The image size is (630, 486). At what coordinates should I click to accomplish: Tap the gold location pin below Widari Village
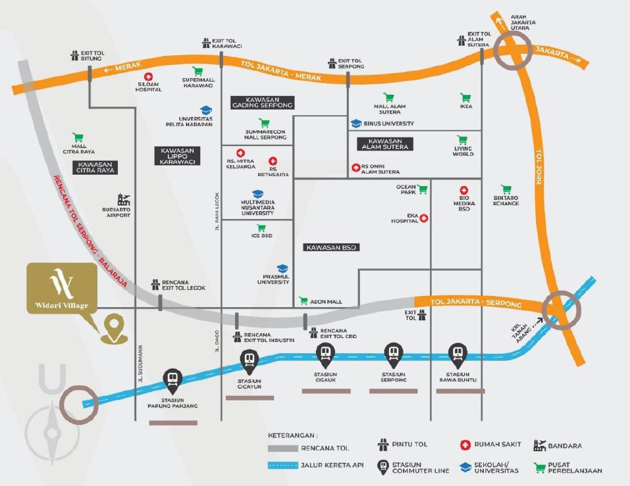click(114, 328)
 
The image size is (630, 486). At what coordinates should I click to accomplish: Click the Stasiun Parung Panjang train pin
click(172, 381)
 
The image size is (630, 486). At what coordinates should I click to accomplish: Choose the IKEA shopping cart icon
click(465, 97)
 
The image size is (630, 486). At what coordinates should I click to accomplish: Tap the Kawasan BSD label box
click(331, 247)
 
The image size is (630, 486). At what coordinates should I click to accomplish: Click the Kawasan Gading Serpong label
click(263, 103)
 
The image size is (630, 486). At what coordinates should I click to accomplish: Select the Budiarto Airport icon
click(123, 199)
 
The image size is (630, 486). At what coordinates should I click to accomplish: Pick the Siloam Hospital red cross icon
click(148, 77)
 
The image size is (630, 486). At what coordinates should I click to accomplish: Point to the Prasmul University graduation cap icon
click(282, 268)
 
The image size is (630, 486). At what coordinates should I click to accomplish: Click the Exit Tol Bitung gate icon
click(75, 55)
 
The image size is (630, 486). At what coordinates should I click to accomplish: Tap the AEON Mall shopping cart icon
click(303, 301)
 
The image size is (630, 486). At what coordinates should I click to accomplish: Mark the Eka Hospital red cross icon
click(424, 218)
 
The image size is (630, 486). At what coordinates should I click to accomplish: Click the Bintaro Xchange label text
click(506, 201)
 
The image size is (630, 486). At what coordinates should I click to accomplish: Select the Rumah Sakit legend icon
click(465, 445)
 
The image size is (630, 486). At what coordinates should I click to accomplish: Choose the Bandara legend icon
click(539, 445)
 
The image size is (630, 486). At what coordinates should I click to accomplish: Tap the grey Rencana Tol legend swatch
click(283, 449)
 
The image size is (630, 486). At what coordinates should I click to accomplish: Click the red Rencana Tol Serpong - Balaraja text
click(90, 231)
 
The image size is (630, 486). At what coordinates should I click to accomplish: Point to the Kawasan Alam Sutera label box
click(385, 144)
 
